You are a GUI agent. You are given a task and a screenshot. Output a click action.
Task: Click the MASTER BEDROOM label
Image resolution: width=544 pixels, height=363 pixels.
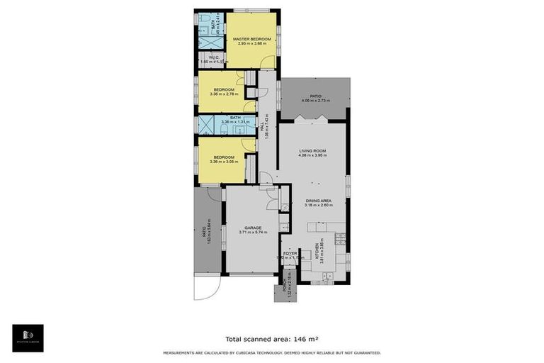pos(252,39)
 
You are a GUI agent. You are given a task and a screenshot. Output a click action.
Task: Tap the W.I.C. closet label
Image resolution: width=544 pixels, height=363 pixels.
pos(212,57)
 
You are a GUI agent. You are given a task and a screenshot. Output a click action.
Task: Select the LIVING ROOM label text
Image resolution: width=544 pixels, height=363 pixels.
pos(312,151)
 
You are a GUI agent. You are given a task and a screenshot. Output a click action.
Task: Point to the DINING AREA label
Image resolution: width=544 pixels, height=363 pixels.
pos(319,201)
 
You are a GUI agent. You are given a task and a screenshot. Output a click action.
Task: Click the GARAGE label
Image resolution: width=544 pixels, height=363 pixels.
pos(253,228)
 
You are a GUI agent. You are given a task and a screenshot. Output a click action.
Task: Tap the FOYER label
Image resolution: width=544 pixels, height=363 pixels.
pos(290,252)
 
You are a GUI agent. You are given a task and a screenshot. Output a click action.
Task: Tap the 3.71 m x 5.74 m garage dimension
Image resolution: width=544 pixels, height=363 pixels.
pos(253,233)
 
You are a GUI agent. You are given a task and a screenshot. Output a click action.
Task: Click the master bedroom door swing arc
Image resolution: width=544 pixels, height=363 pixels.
pos(267,62)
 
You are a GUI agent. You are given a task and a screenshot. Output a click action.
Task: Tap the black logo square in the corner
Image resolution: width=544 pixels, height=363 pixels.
pos(28,338)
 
